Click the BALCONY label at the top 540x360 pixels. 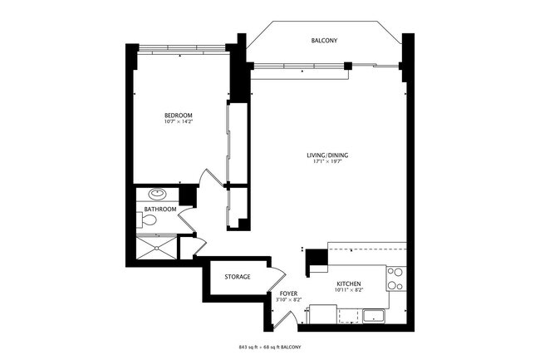point(324,40)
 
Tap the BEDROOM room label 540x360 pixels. point(178,114)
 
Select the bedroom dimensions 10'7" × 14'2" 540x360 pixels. point(178,122)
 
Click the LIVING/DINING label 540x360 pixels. point(326,155)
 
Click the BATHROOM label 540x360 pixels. point(160,210)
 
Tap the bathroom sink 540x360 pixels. point(159,195)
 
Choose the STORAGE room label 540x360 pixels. point(237,276)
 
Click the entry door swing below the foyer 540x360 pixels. point(287,318)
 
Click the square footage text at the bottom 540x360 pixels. point(269,345)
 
